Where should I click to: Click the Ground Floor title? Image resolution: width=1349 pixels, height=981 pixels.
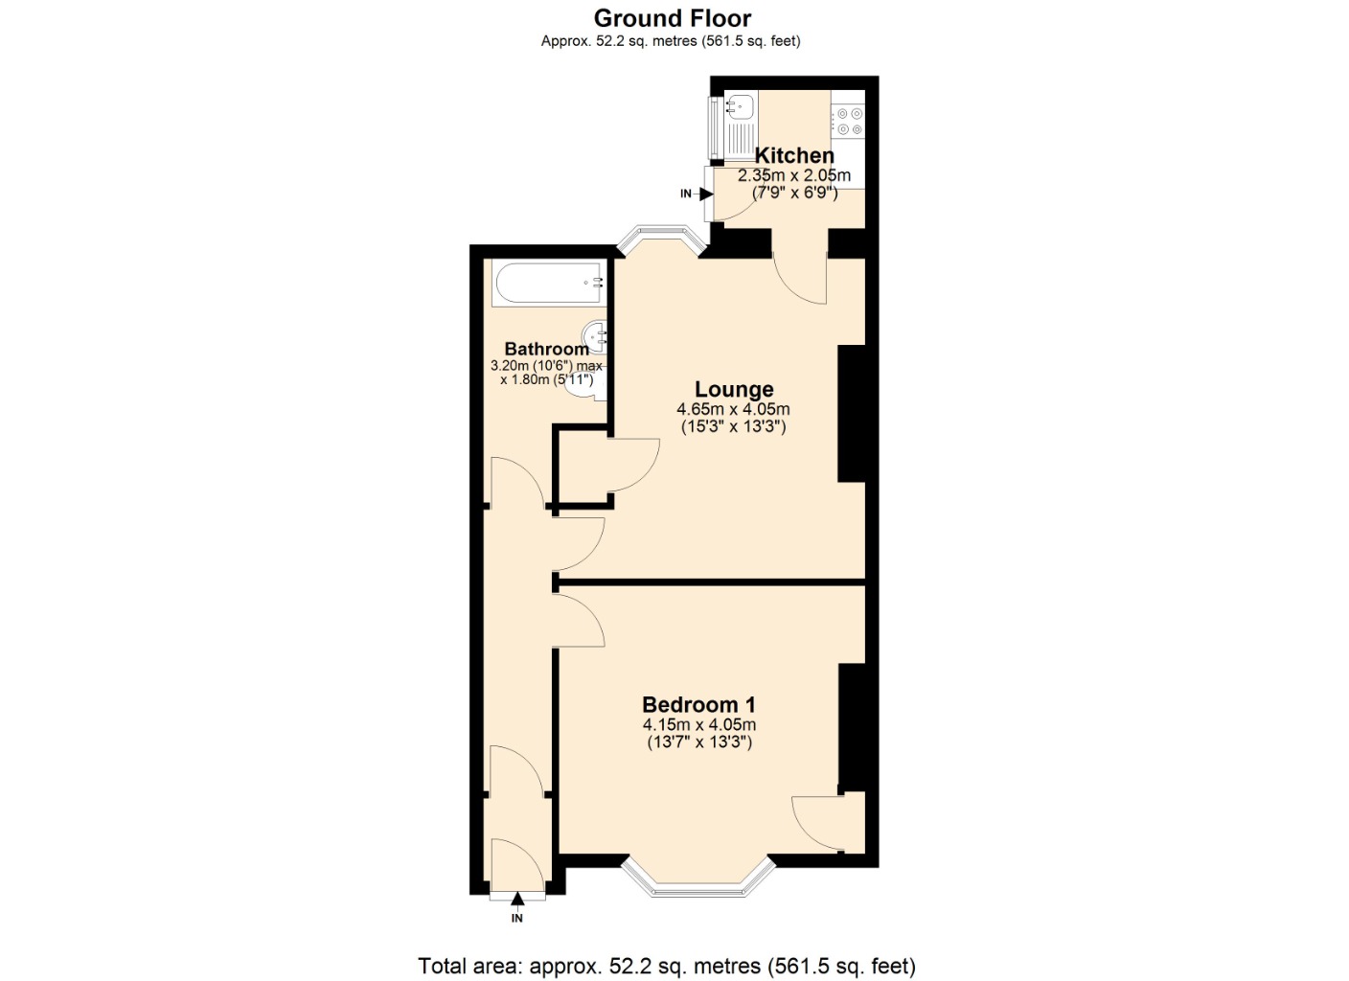pos(673,18)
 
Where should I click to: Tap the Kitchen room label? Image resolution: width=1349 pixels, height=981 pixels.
pos(794,155)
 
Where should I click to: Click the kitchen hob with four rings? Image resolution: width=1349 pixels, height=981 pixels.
pos(848,120)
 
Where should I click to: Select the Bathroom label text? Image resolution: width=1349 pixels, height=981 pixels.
pos(546,349)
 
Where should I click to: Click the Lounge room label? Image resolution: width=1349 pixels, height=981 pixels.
pos(734,389)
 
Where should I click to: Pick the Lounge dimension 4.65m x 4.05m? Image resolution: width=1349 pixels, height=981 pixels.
pos(734,409)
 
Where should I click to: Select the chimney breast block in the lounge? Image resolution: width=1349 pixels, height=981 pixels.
pos(852,413)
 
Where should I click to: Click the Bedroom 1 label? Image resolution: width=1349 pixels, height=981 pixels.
pos(698,705)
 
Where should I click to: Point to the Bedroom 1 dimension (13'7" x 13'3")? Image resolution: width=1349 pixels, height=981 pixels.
pos(699,741)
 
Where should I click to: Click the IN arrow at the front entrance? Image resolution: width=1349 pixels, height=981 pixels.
pos(517,900)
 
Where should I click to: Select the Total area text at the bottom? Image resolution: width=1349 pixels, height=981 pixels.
pos(667,966)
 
